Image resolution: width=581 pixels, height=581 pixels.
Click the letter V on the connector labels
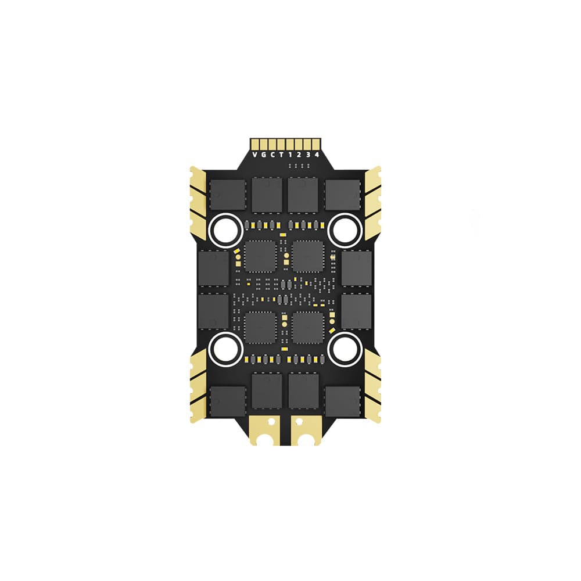pos(254,155)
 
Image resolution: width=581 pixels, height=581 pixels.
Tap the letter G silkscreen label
pos(263,155)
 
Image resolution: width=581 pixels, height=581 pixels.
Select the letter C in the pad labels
pos(272,155)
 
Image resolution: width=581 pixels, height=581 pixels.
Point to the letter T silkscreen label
pos(281,155)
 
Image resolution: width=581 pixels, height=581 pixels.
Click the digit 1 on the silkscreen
pos(290,155)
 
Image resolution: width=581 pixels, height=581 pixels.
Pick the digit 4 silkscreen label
pos(317,155)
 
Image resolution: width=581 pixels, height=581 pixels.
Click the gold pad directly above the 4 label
pos(315,144)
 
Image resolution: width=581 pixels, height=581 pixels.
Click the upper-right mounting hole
pos(345,230)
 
